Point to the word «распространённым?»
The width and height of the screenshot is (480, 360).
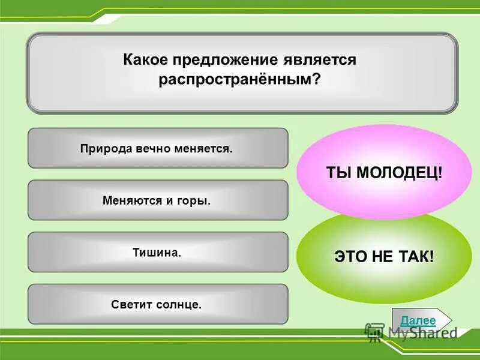click(x=240, y=80)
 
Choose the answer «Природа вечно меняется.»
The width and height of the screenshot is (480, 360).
click(x=157, y=148)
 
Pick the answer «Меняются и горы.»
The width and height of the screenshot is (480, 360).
click(x=157, y=200)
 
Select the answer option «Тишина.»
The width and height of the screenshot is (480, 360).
click(x=157, y=252)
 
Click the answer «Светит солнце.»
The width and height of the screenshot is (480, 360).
click(x=157, y=304)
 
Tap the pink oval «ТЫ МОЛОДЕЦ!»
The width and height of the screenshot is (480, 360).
click(x=384, y=172)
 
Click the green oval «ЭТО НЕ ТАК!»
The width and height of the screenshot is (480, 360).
click(x=384, y=257)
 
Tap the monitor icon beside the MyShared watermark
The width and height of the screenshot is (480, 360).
click(x=375, y=332)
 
